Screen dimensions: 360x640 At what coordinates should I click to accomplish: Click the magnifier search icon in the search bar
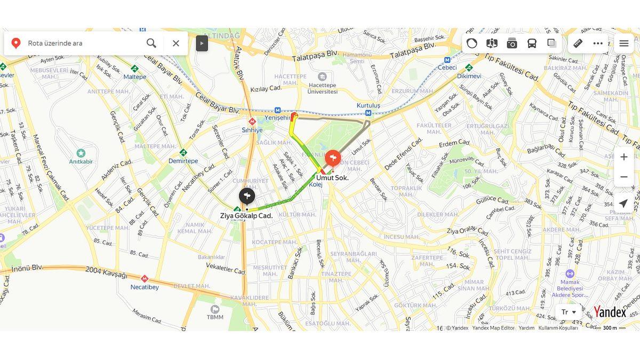[151, 43]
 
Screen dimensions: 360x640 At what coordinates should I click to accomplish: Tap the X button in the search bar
[176, 43]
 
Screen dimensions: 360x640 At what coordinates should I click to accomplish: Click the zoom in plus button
[623, 157]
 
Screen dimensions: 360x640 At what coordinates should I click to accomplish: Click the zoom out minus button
[623, 177]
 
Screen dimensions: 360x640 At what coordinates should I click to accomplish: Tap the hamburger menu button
[623, 43]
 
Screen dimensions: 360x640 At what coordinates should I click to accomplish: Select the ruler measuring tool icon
[578, 43]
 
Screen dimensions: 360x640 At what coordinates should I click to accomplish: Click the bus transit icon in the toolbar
[532, 43]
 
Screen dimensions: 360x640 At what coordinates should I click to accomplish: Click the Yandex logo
[610, 312]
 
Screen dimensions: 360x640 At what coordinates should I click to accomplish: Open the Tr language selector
[569, 312]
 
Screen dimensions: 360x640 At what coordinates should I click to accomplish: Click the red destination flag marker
[333, 158]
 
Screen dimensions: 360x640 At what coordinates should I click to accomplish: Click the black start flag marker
[246, 196]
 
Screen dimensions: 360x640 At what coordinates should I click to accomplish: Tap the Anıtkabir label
[81, 161]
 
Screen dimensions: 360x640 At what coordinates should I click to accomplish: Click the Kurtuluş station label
[369, 106]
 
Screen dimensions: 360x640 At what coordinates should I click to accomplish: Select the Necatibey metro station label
[145, 287]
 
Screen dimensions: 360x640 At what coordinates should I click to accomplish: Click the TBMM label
[215, 317]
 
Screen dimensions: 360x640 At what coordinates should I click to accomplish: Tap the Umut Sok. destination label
[332, 178]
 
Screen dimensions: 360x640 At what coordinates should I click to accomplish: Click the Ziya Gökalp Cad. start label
[246, 216]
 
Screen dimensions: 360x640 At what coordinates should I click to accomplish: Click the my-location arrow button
[623, 203]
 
